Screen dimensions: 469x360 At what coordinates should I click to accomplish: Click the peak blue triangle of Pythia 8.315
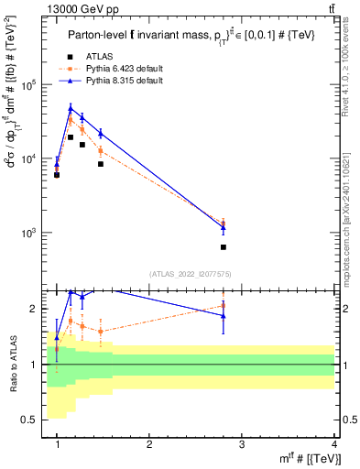pos(71,109)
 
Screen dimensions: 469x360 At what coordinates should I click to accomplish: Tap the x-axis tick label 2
pos(149,444)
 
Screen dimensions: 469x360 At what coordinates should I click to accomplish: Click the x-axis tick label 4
pos(334,444)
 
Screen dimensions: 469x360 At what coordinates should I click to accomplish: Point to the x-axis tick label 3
pos(242,444)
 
